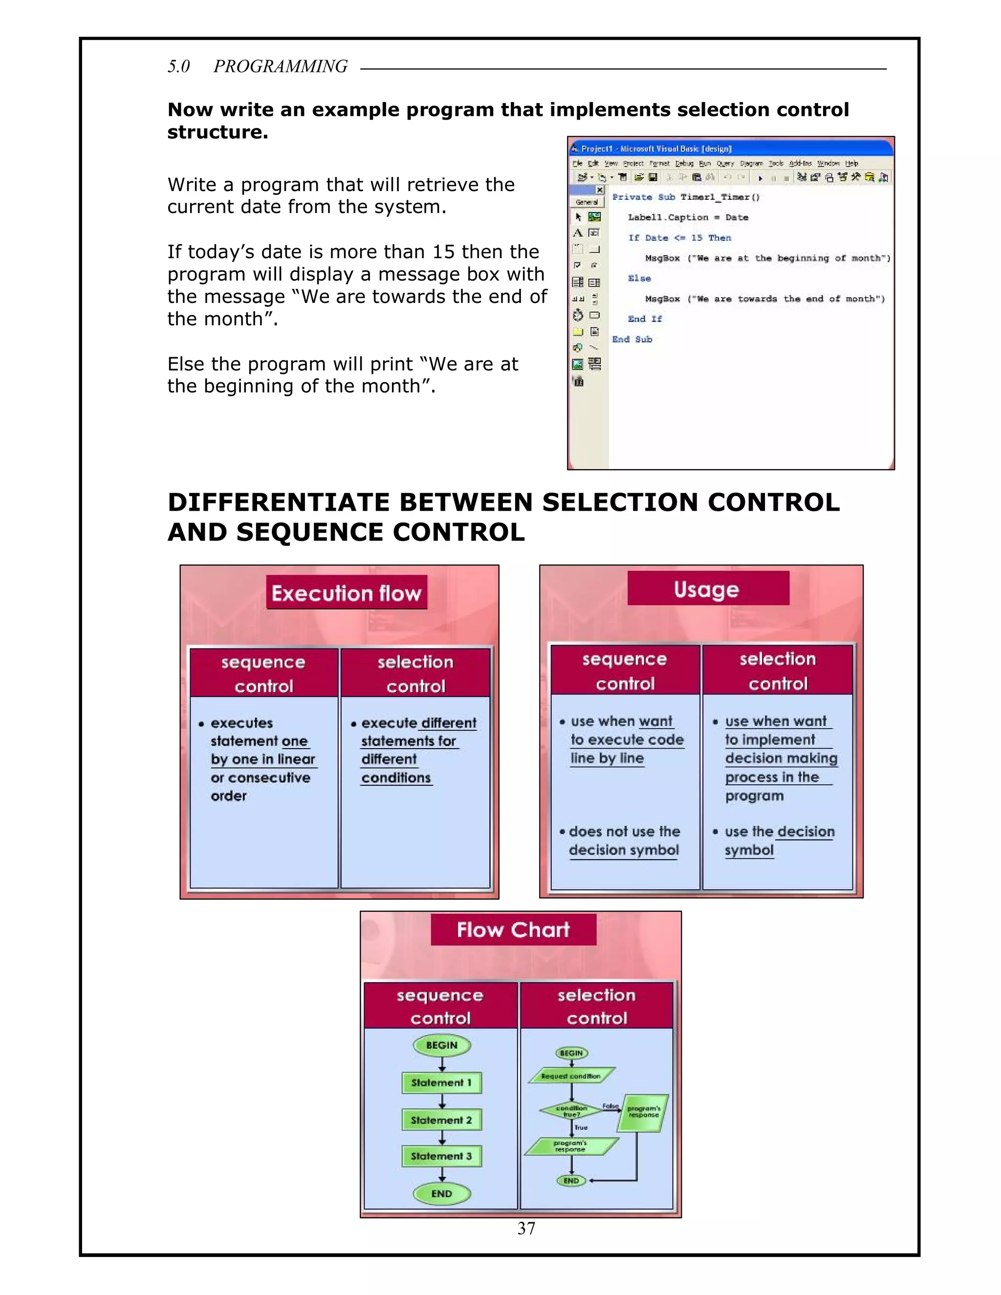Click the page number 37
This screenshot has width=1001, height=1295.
pyautogui.click(x=526, y=1228)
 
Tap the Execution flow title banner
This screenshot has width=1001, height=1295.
pyautogui.click(x=347, y=592)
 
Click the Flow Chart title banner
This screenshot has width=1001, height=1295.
pyautogui.click(x=513, y=929)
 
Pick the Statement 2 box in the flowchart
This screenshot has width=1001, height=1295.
pyautogui.click(x=441, y=1120)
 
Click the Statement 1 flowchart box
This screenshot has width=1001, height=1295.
pyautogui.click(x=441, y=1082)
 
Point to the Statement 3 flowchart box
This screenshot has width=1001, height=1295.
pyautogui.click(x=441, y=1156)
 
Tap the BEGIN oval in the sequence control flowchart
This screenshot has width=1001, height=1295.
pyautogui.click(x=441, y=1045)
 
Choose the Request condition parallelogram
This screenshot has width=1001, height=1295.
pyautogui.click(x=570, y=1076)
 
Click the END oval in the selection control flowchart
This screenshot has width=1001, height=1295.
pyautogui.click(x=571, y=1181)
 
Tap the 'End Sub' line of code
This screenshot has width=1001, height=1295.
pyautogui.click(x=632, y=339)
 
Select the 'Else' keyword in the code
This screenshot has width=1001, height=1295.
pyautogui.click(x=639, y=278)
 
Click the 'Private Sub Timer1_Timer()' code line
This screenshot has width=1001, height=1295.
pyautogui.click(x=686, y=197)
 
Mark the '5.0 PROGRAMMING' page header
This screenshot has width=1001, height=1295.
pyautogui.click(x=258, y=66)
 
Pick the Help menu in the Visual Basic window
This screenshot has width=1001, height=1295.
pyautogui.click(x=851, y=163)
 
